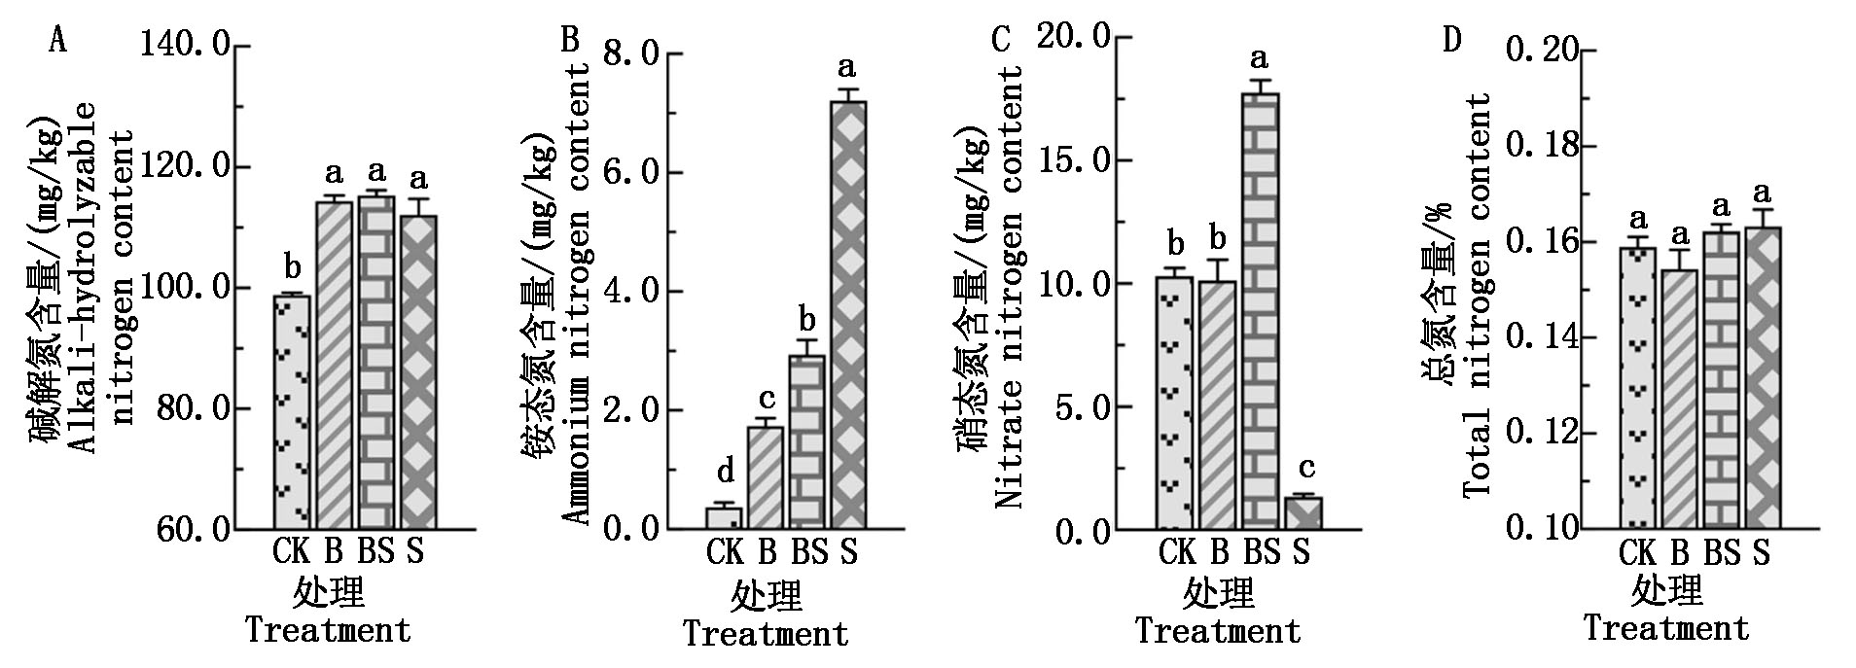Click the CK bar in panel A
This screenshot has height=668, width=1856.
pyautogui.click(x=291, y=411)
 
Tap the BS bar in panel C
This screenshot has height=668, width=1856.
pyautogui.click(x=1262, y=311)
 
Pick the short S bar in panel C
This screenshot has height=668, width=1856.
pyautogui.click(x=1303, y=513)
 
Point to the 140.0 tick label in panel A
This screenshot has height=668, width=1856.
pyautogui.click(x=186, y=46)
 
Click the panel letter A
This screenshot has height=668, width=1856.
pyautogui.click(x=58, y=41)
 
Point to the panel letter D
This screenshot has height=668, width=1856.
pyautogui.click(x=1452, y=40)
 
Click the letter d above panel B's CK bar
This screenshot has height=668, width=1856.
pyautogui.click(x=726, y=473)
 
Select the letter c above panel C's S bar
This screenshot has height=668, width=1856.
pyautogui.click(x=1305, y=468)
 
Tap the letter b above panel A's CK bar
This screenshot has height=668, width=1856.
pyautogui.click(x=292, y=264)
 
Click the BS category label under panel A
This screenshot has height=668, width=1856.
pyautogui.click(x=375, y=552)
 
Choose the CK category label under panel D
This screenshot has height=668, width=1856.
pyautogui.click(x=1637, y=553)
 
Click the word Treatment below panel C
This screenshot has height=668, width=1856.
pyautogui.click(x=1218, y=631)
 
